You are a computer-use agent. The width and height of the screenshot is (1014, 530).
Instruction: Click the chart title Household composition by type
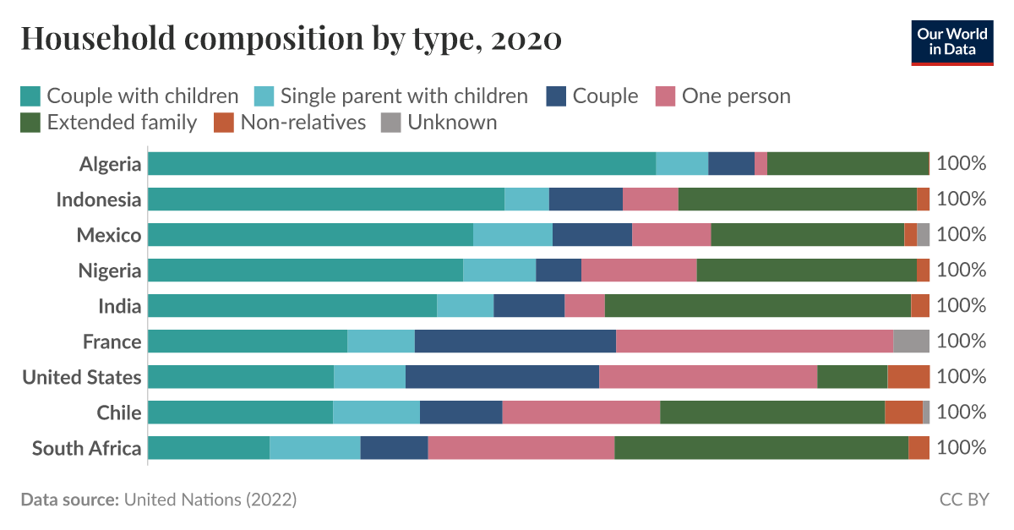coord(291,38)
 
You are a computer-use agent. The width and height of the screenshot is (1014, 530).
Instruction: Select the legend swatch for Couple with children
coord(30,96)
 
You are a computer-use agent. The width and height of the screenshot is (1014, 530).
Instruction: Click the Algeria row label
coord(110,164)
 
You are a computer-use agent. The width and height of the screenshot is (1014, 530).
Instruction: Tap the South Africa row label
coord(86,448)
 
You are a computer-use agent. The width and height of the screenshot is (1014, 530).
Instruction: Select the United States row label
coord(82,377)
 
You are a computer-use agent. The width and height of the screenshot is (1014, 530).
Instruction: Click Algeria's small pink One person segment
coord(760,164)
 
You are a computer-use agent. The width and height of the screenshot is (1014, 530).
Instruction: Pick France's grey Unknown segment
coord(911,341)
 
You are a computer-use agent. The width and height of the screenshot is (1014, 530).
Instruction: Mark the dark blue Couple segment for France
coord(515,341)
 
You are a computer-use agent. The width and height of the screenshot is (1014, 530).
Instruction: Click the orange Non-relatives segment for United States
coord(908,377)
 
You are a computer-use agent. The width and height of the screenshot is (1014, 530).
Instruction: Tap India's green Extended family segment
coord(757,306)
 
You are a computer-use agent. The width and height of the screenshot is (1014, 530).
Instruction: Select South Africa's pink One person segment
coord(521,448)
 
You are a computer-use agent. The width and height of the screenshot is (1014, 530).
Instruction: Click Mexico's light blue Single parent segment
coord(512,235)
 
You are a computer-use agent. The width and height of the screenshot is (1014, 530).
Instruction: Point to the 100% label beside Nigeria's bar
coord(962,270)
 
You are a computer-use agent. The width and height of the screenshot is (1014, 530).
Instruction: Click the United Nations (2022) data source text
coord(210,500)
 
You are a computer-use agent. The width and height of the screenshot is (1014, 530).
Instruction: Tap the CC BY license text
coord(963,500)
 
